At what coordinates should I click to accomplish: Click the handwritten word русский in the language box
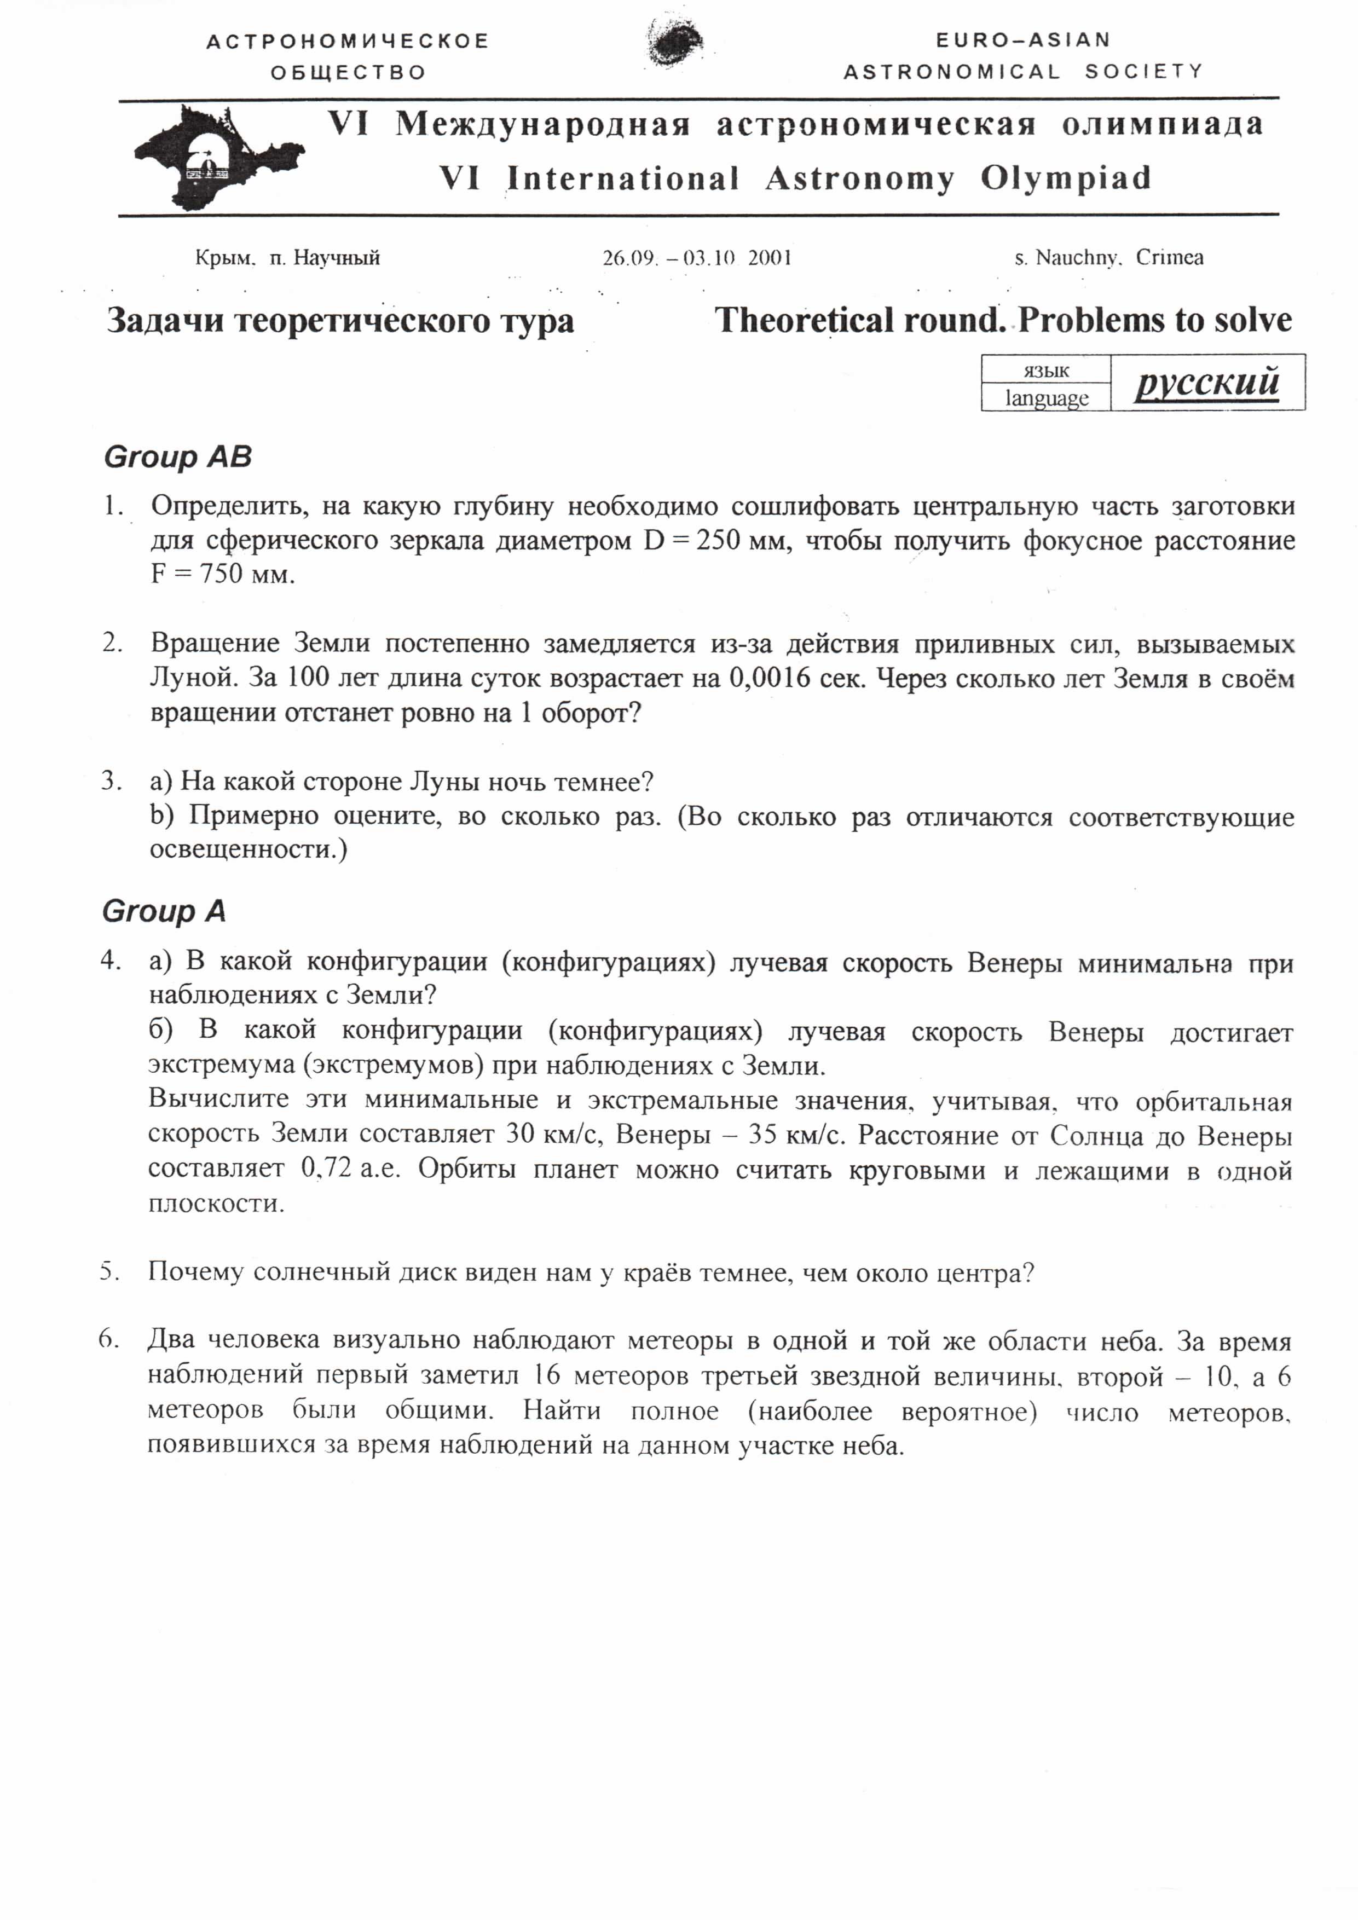click(1206, 383)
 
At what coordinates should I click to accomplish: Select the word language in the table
click(1046, 398)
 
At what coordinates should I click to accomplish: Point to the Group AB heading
click(177, 458)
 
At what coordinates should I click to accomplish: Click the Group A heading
click(164, 911)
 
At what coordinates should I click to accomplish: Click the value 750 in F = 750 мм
click(221, 575)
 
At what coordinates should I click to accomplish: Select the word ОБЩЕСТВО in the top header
click(348, 73)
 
